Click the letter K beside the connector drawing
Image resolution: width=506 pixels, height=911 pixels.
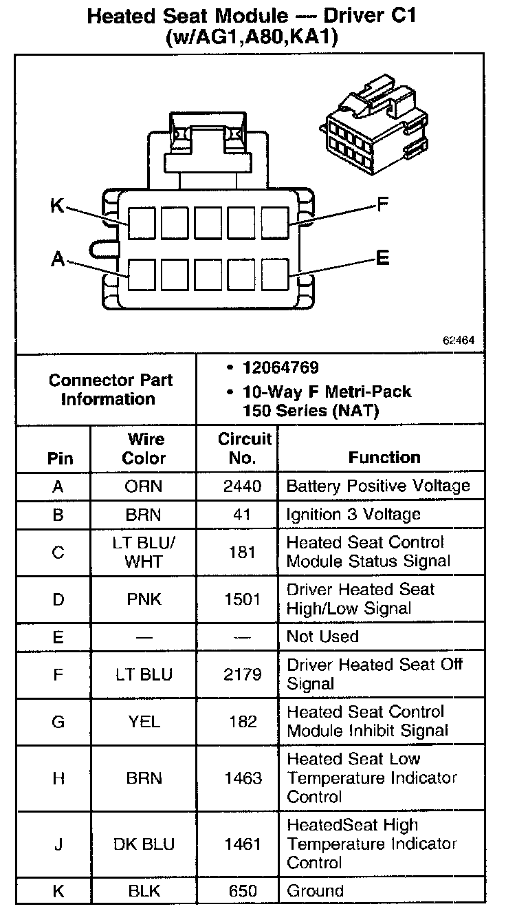click(x=57, y=205)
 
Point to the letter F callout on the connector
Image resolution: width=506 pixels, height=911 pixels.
click(x=384, y=204)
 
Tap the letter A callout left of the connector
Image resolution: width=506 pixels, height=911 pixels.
click(x=58, y=259)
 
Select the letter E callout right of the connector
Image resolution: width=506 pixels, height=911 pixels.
click(x=383, y=258)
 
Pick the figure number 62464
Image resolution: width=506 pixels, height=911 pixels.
click(x=459, y=341)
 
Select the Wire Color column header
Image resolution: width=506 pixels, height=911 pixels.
click(x=144, y=449)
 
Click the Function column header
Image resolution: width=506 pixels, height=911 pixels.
click(x=384, y=458)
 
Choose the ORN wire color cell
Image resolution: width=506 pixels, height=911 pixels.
click(x=144, y=486)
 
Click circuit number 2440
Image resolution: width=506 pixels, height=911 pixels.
click(x=242, y=486)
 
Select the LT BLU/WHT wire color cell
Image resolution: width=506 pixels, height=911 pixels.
click(x=144, y=552)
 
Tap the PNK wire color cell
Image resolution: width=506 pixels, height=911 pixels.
click(x=144, y=599)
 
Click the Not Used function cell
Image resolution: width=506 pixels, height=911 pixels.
click(x=322, y=636)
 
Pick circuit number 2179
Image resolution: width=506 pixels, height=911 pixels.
click(x=242, y=674)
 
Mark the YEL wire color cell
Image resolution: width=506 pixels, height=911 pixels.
click(x=144, y=721)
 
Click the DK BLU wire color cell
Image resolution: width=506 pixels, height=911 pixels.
click(x=144, y=844)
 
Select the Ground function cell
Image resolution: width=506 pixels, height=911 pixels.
click(x=314, y=892)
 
